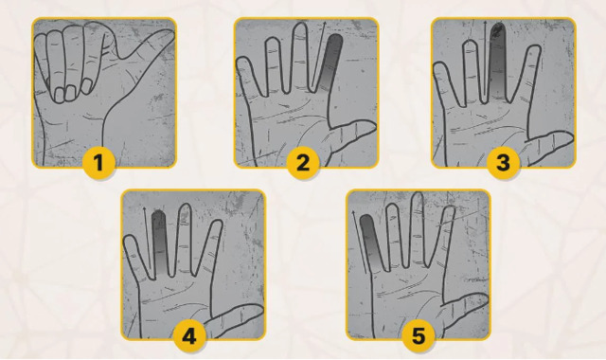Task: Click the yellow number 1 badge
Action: pyautogui.click(x=98, y=162)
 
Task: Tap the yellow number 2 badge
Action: pyautogui.click(x=303, y=162)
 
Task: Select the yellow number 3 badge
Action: pyautogui.click(x=503, y=162)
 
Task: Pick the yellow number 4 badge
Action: pyautogui.click(x=189, y=335)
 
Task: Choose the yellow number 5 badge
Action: pyautogui.click(x=419, y=335)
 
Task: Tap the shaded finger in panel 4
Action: pyautogui.click(x=159, y=242)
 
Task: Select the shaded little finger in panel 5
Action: pyautogui.click(x=371, y=243)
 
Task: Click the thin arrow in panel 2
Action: pyautogui.click(x=318, y=53)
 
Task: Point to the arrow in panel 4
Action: pyautogui.click(x=148, y=238)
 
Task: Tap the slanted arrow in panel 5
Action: pyautogui.click(x=360, y=243)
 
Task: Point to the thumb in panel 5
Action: pyautogui.click(x=464, y=310)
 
